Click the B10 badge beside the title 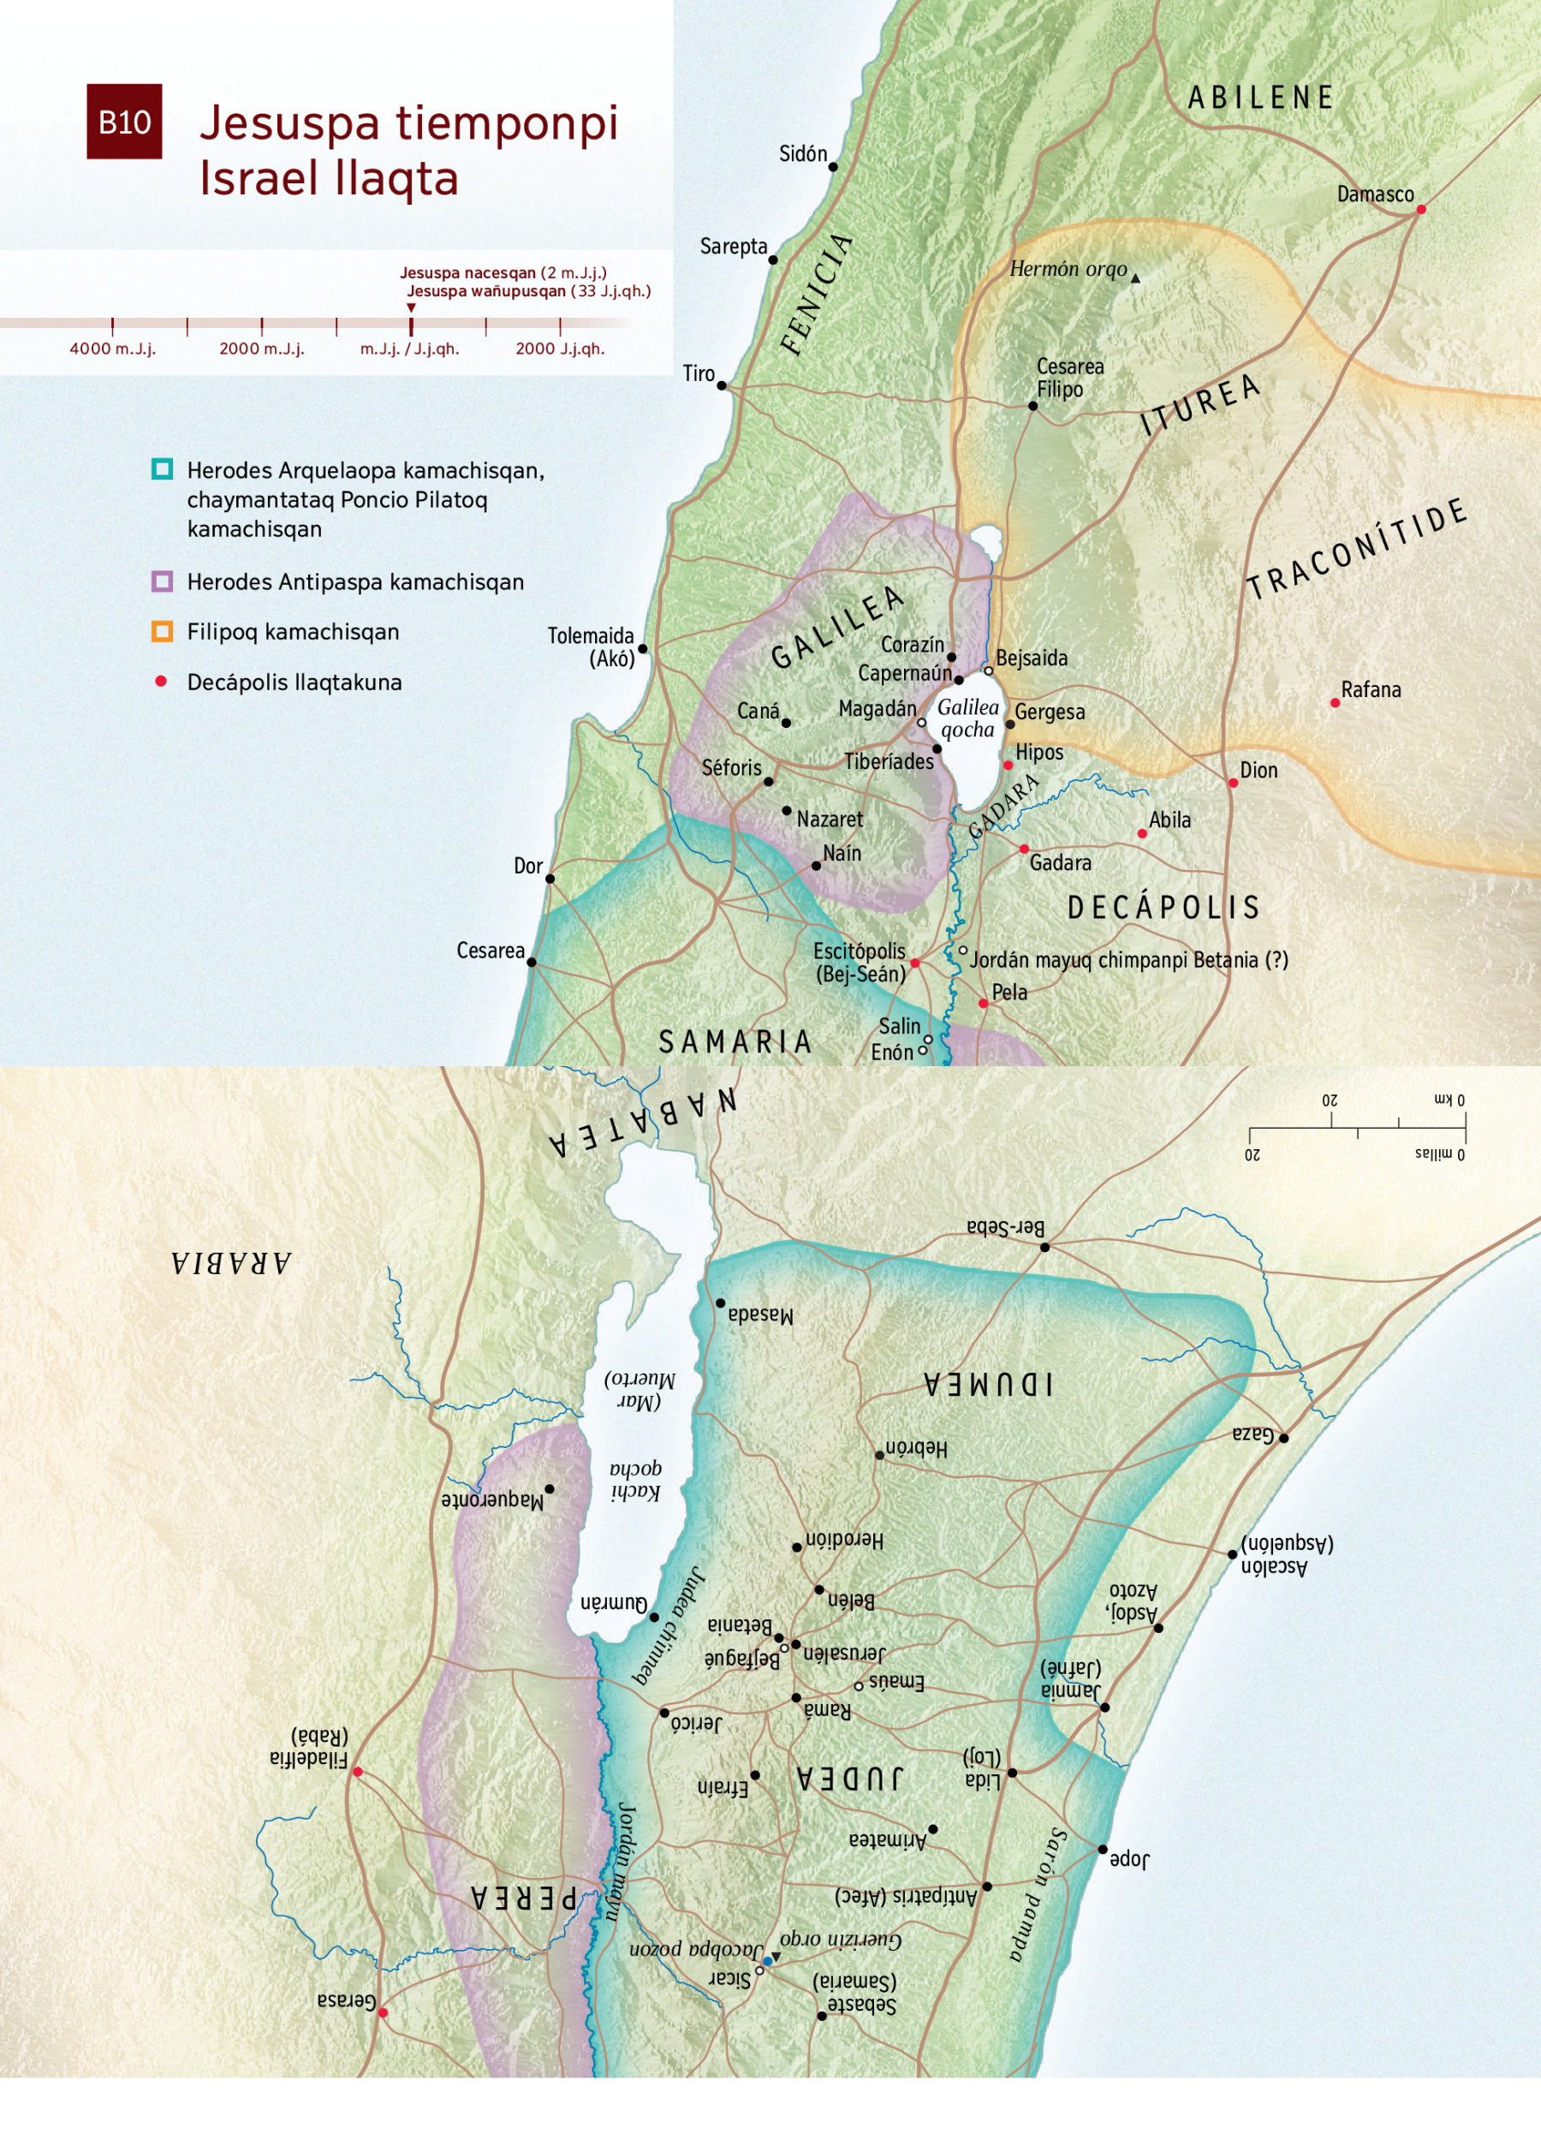tap(124, 122)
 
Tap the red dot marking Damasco tap(1420, 209)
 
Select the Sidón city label tap(802, 153)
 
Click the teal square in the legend tap(162, 468)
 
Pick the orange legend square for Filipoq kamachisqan tap(162, 631)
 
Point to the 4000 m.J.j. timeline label tap(112, 349)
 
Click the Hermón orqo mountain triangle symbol tap(1135, 278)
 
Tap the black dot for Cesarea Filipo tap(1032, 406)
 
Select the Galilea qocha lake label tap(968, 718)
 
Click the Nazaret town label tap(829, 820)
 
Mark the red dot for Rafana tap(1334, 703)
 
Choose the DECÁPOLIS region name tap(1163, 907)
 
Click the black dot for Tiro tap(722, 385)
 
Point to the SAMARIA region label tap(735, 1041)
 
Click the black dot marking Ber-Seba tap(1044, 1247)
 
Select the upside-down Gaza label tap(1253, 1434)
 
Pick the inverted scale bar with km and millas tap(1357, 1126)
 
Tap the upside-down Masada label tap(760, 1314)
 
